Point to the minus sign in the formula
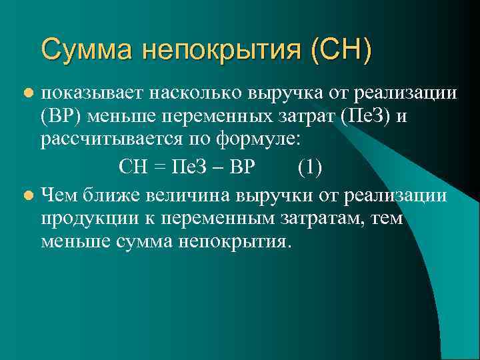tap(218, 167)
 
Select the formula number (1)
tap(310, 167)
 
